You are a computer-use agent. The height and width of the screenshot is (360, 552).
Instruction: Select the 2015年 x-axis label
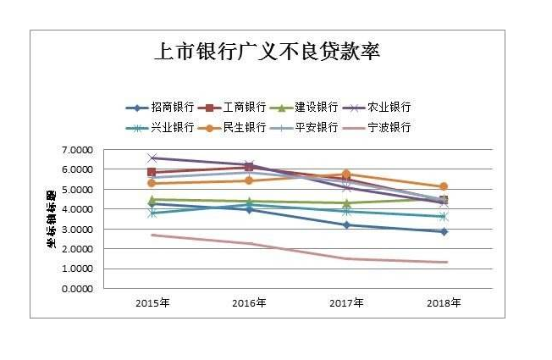point(152,302)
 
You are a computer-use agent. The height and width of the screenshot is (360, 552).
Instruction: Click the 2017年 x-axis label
point(346,302)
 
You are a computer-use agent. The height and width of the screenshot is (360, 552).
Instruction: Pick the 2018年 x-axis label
point(444,302)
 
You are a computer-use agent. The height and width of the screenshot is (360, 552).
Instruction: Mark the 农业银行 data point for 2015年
point(152,158)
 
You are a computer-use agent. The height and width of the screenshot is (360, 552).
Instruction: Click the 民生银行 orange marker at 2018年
point(444,186)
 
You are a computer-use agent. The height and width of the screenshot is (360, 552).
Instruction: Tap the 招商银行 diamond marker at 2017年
point(346,224)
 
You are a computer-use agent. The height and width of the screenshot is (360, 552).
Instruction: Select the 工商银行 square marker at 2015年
point(152,172)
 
